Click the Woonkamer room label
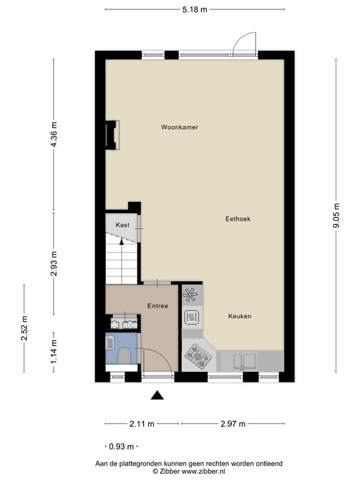pyautogui.click(x=179, y=127)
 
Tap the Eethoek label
pyautogui.click(x=238, y=219)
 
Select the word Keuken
pyautogui.click(x=239, y=316)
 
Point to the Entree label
pyautogui.click(x=157, y=306)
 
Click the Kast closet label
pyautogui.click(x=122, y=224)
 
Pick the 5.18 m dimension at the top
pyautogui.click(x=194, y=9)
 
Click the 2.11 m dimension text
pyautogui.click(x=142, y=424)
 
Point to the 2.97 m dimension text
pyautogui.click(x=232, y=424)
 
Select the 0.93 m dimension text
pyautogui.click(x=121, y=447)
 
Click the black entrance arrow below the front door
pyautogui.click(x=157, y=395)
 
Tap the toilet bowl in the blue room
pyautogui.click(x=124, y=356)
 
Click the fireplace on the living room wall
pyautogui.click(x=112, y=134)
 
